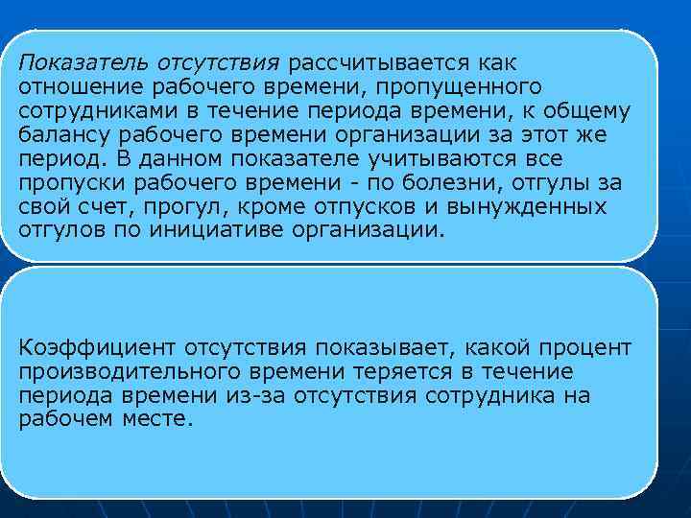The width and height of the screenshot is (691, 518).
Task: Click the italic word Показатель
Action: coord(83,63)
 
